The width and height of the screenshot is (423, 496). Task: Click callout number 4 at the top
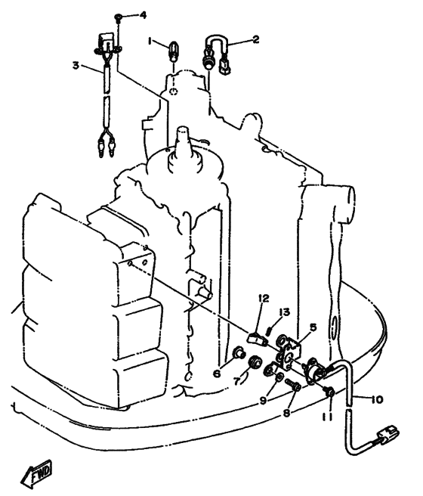(x=143, y=15)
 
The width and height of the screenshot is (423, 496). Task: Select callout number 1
(x=150, y=41)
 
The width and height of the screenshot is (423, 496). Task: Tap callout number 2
(x=255, y=39)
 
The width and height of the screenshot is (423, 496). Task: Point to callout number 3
(x=76, y=65)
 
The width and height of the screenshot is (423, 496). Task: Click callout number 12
(x=264, y=298)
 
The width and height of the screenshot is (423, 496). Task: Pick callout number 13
(x=284, y=312)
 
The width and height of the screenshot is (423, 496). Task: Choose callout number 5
(x=313, y=327)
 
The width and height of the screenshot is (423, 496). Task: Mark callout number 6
(x=217, y=374)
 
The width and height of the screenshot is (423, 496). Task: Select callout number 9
(x=263, y=400)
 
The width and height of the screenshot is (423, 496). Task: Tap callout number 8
(x=286, y=413)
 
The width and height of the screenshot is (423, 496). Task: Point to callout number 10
(x=377, y=399)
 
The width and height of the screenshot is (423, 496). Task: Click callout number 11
(x=328, y=418)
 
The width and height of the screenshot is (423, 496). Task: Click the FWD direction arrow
(x=36, y=473)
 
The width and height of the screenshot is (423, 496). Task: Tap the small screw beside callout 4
(x=119, y=17)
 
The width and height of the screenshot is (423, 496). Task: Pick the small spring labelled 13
(x=269, y=331)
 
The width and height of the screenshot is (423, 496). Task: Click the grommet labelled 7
(x=255, y=362)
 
